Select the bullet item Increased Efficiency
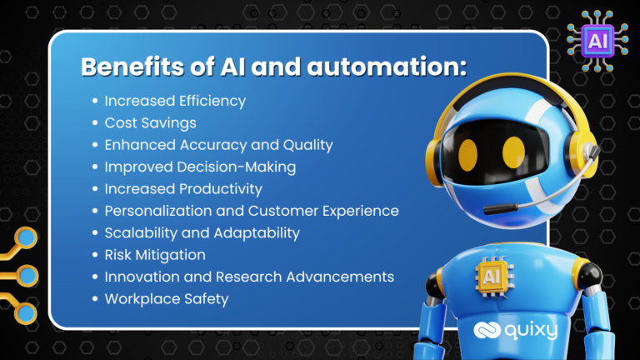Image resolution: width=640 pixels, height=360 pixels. [174, 101]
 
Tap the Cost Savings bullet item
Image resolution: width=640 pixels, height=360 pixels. [150, 122]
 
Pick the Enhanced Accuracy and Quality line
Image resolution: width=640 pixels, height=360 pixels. [218, 145]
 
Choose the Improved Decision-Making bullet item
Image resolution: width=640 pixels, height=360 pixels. [200, 167]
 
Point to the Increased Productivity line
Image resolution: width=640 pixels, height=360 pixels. [183, 188]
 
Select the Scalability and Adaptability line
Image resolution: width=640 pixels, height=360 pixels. [202, 232]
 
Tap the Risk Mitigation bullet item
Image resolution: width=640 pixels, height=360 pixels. [154, 254]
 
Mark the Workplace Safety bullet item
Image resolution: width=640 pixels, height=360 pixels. [166, 298]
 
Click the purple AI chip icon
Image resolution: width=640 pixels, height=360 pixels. [597, 38]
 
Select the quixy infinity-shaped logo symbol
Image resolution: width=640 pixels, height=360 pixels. [487, 331]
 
